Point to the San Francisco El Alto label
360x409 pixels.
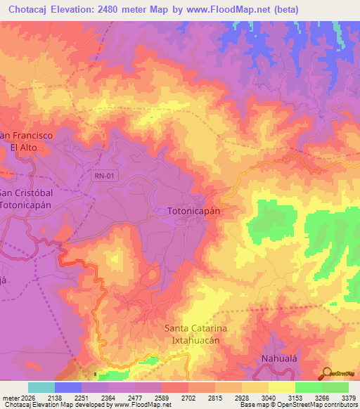(27, 141)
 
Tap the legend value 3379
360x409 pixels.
(348, 397)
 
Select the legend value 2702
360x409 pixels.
(188, 397)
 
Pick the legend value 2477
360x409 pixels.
(135, 397)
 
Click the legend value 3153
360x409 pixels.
(295, 397)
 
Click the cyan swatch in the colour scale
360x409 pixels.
(41, 387)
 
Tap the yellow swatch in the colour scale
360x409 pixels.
(281, 387)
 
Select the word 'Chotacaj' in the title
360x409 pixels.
(33, 10)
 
